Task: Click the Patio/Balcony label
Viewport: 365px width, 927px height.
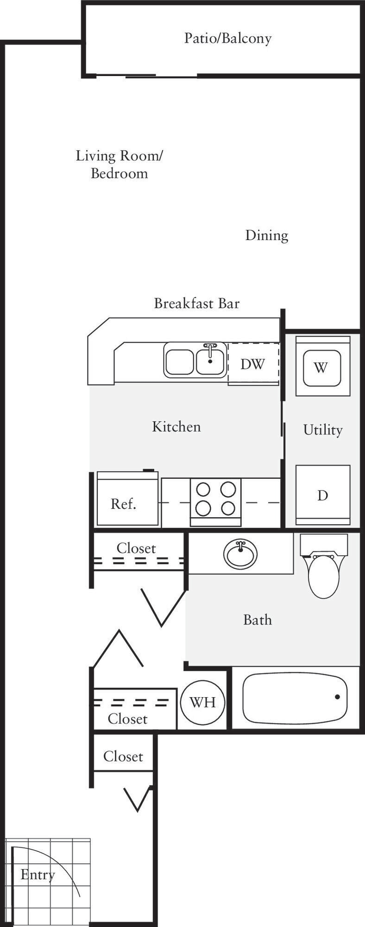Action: pyautogui.click(x=227, y=38)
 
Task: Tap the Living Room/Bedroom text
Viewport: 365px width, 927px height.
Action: pyautogui.click(x=119, y=164)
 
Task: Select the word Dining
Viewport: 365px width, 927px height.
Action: pyautogui.click(x=266, y=235)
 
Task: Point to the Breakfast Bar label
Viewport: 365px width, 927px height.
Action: pyautogui.click(x=196, y=304)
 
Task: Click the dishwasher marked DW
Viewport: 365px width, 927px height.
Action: pyautogui.click(x=253, y=364)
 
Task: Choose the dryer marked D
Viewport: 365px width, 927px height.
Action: pyautogui.click(x=322, y=495)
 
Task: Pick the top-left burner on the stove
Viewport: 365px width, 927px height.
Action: pyautogui.click(x=203, y=489)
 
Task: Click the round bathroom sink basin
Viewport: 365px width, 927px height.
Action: pyautogui.click(x=240, y=554)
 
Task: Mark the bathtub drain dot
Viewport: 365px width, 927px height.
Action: pyautogui.click(x=337, y=697)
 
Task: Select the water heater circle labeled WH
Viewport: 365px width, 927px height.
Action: pyautogui.click(x=202, y=702)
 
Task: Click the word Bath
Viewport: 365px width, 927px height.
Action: pyautogui.click(x=258, y=620)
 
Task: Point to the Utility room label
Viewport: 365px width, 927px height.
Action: pyautogui.click(x=322, y=430)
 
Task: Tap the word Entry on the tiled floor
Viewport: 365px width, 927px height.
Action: pyautogui.click(x=38, y=875)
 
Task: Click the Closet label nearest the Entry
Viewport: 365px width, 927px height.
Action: pyautogui.click(x=123, y=756)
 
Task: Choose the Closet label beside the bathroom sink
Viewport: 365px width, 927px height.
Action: pyautogui.click(x=136, y=548)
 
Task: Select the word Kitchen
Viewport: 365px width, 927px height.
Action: pyautogui.click(x=176, y=426)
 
